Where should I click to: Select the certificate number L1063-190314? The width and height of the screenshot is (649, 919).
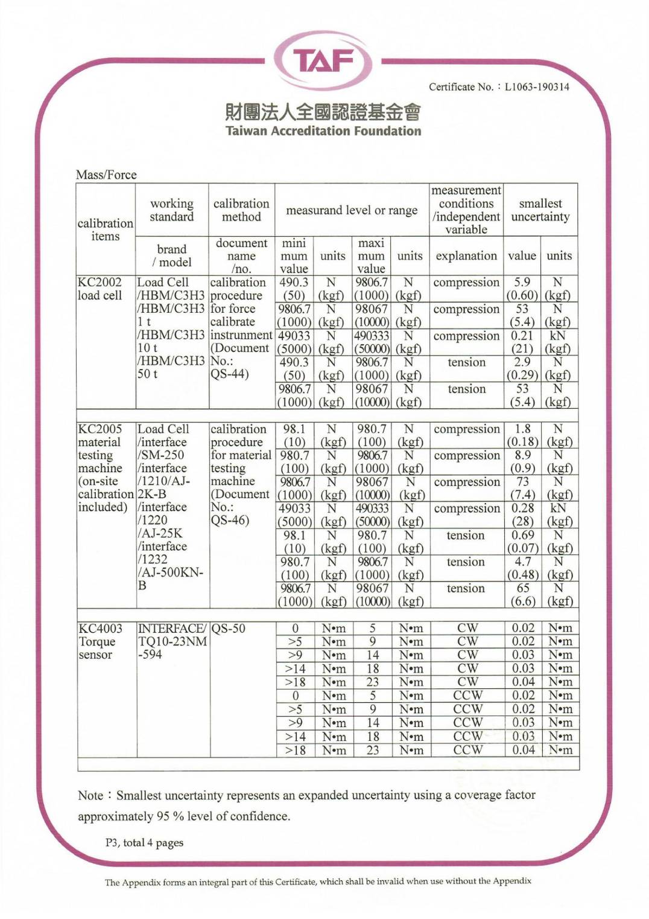(x=536, y=87)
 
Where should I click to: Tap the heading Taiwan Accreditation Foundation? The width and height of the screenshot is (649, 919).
(x=323, y=131)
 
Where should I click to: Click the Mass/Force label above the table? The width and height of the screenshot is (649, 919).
(x=106, y=175)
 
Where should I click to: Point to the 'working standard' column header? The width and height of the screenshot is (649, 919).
(x=172, y=210)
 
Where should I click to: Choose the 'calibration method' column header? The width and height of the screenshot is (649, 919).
(x=241, y=210)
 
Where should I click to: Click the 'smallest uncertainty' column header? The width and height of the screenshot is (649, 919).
(x=540, y=210)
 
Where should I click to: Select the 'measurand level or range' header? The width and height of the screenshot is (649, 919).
(x=352, y=210)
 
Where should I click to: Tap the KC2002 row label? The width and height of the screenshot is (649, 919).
(x=100, y=282)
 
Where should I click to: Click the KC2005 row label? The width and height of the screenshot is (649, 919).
(x=100, y=429)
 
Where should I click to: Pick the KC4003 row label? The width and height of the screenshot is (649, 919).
(x=100, y=629)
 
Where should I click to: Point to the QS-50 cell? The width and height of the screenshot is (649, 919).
(x=229, y=629)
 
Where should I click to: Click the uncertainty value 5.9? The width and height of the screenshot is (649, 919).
(x=522, y=282)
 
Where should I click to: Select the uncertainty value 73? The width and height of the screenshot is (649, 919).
(x=522, y=481)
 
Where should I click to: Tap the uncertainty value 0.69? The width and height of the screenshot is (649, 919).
(x=522, y=535)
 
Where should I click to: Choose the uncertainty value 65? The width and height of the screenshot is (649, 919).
(x=522, y=588)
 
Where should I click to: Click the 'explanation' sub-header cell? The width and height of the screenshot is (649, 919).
(x=466, y=255)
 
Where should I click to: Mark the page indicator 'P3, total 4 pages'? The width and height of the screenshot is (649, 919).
(x=144, y=842)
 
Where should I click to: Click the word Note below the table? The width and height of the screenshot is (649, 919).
(x=90, y=795)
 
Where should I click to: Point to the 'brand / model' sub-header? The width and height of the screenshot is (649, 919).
(x=172, y=255)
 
